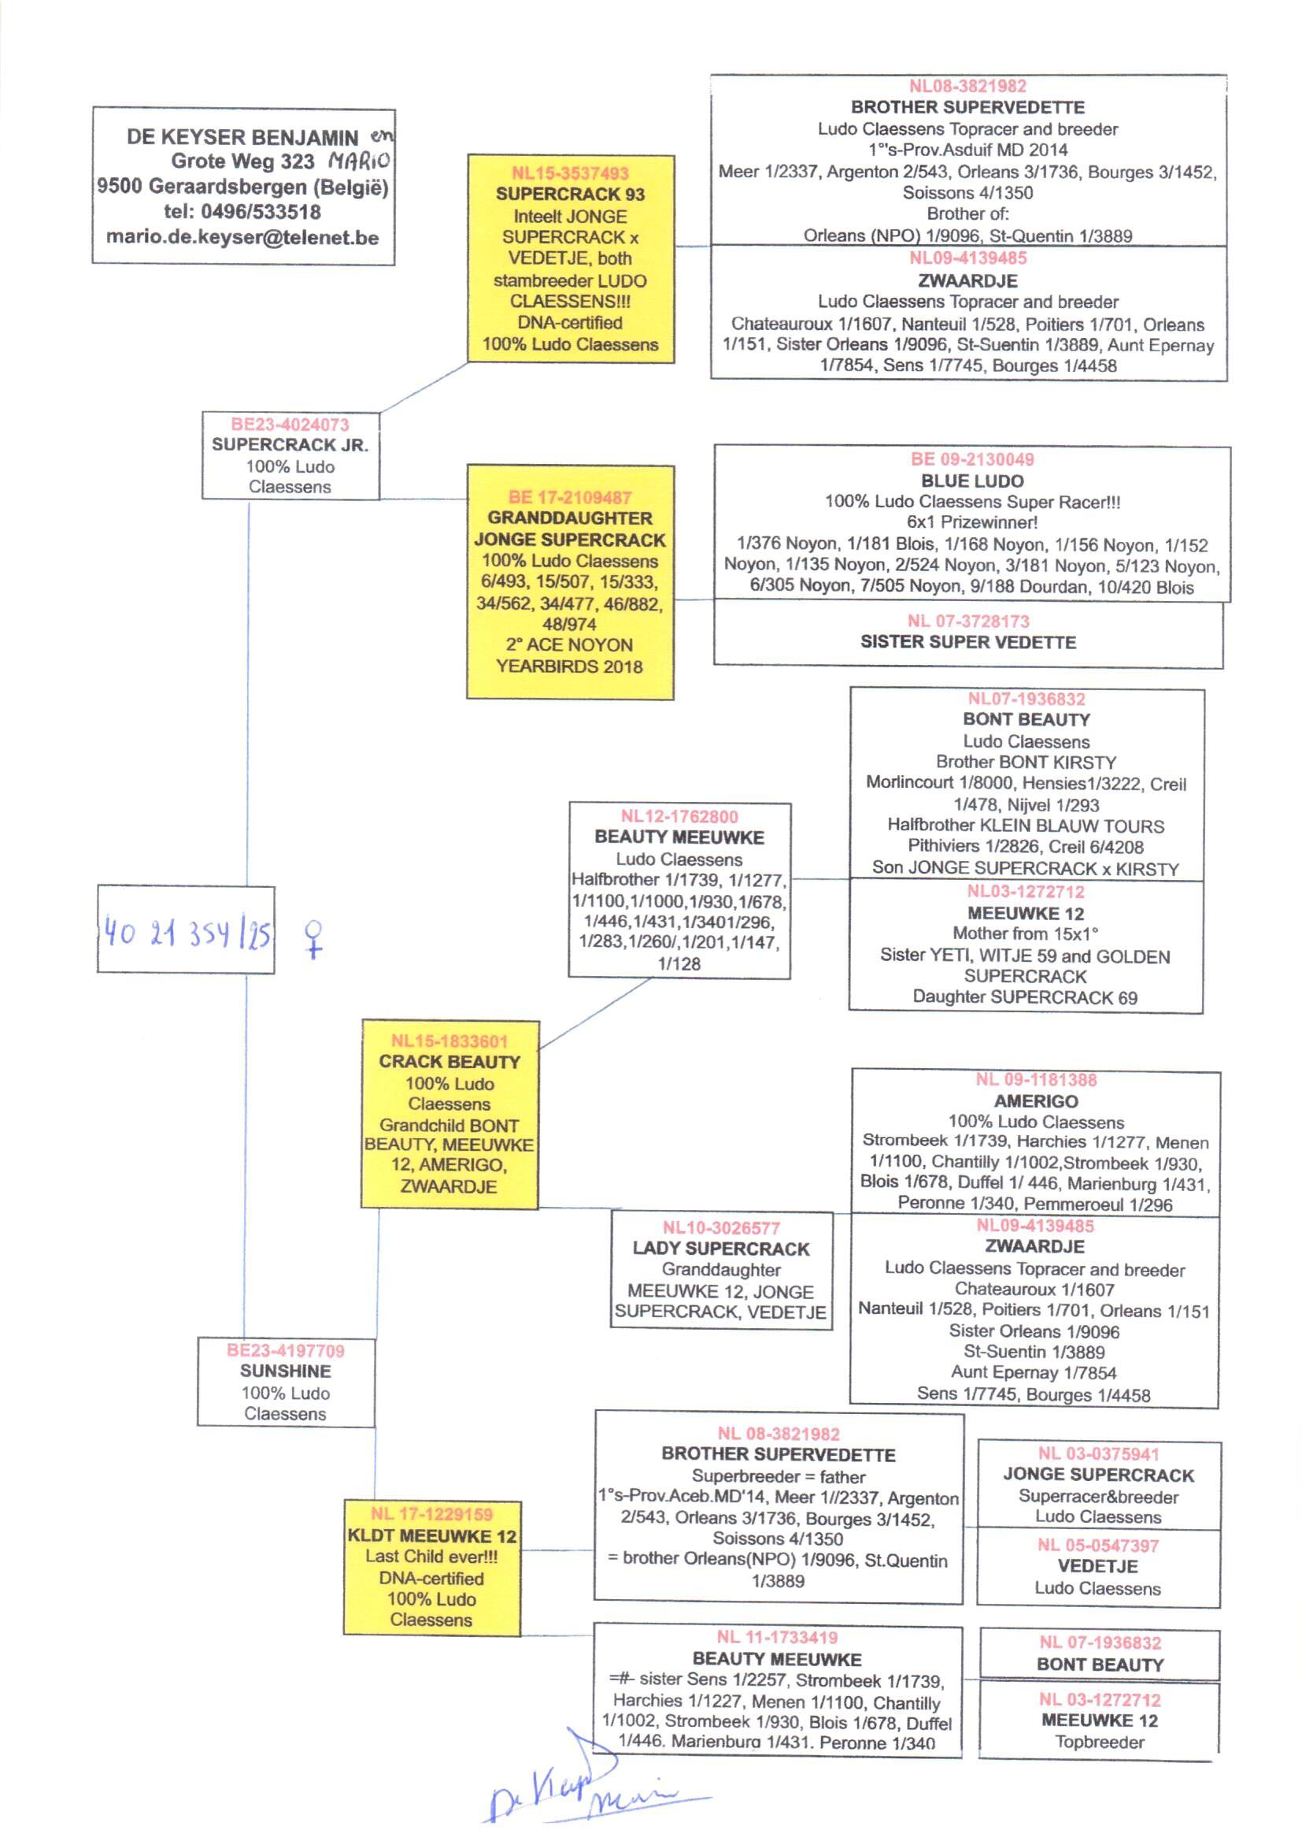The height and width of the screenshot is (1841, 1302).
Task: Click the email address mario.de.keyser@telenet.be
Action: point(242,237)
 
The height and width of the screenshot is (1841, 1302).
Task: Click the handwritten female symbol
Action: point(314,938)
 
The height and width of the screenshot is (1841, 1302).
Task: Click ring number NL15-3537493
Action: point(570,173)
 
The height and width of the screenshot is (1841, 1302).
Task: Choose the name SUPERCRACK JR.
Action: point(290,444)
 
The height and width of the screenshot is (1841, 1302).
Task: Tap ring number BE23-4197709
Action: point(286,1350)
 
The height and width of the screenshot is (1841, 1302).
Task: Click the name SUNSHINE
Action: point(286,1371)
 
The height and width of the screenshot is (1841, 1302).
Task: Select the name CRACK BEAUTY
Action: point(449,1061)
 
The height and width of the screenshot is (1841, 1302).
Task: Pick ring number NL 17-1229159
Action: point(431,1514)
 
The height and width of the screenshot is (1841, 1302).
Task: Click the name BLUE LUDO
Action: point(971,481)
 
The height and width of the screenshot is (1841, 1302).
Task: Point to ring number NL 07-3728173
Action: point(967,621)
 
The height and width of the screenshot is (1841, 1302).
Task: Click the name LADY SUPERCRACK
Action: point(721,1248)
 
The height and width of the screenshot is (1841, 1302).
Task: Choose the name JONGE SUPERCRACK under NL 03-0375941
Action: point(1098,1475)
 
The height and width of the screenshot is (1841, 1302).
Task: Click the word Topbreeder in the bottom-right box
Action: point(1099,1742)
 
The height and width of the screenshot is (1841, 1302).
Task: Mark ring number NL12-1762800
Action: point(679,817)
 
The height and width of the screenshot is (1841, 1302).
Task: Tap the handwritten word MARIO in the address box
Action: point(358,161)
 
